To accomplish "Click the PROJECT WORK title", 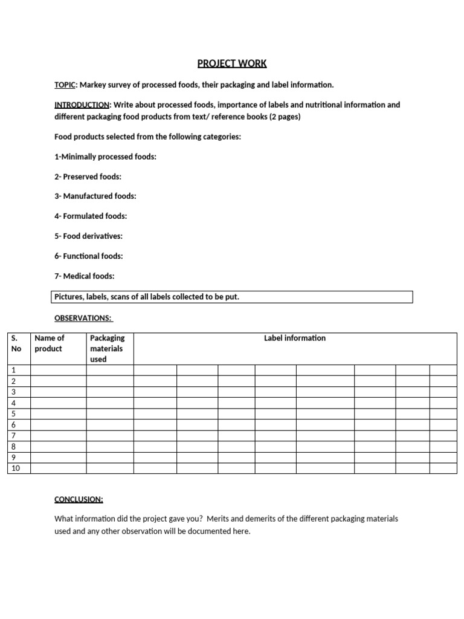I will [232, 63].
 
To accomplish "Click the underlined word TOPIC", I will [65, 85].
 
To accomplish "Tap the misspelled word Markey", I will [93, 85].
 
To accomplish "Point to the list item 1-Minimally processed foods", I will [105, 157].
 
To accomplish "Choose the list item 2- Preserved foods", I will [88, 177].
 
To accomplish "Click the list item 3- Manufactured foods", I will [95, 196].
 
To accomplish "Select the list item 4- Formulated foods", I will [91, 216].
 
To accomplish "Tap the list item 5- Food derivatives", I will [88, 236].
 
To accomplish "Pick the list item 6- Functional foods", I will [88, 256].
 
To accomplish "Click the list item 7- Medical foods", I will [84, 276].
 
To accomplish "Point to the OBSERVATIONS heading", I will [83, 317].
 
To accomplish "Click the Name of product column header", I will [50, 343].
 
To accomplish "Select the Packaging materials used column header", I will [107, 348].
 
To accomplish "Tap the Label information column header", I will [295, 338].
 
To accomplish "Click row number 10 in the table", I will [16, 468].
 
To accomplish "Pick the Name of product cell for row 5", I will [58, 414].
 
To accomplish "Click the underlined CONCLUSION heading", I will [79, 499].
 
